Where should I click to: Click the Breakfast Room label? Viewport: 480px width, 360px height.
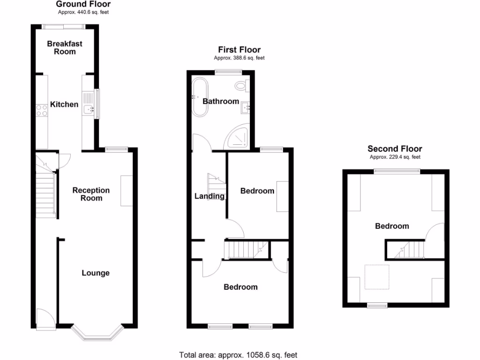[65, 47]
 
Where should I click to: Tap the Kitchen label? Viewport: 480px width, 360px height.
[64, 104]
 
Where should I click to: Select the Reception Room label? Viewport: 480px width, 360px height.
[91, 194]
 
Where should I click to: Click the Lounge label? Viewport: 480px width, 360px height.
[96, 273]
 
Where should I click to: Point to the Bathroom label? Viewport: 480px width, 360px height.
[221, 101]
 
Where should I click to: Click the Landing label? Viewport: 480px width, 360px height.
[210, 196]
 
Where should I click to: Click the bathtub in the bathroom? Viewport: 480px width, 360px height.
[200, 97]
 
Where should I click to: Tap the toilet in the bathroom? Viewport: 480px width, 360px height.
[242, 86]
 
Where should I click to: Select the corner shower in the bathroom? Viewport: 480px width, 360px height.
[239, 136]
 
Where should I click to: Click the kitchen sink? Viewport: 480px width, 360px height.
[88, 110]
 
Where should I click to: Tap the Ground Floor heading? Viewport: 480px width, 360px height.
[83, 4]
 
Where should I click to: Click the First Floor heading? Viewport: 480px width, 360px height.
[239, 50]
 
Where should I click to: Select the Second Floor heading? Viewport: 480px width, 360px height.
[395, 149]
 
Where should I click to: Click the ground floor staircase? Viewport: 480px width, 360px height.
[46, 193]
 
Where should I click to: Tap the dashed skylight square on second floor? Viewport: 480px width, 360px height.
[376, 277]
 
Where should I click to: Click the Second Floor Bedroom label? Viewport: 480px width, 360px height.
[392, 226]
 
